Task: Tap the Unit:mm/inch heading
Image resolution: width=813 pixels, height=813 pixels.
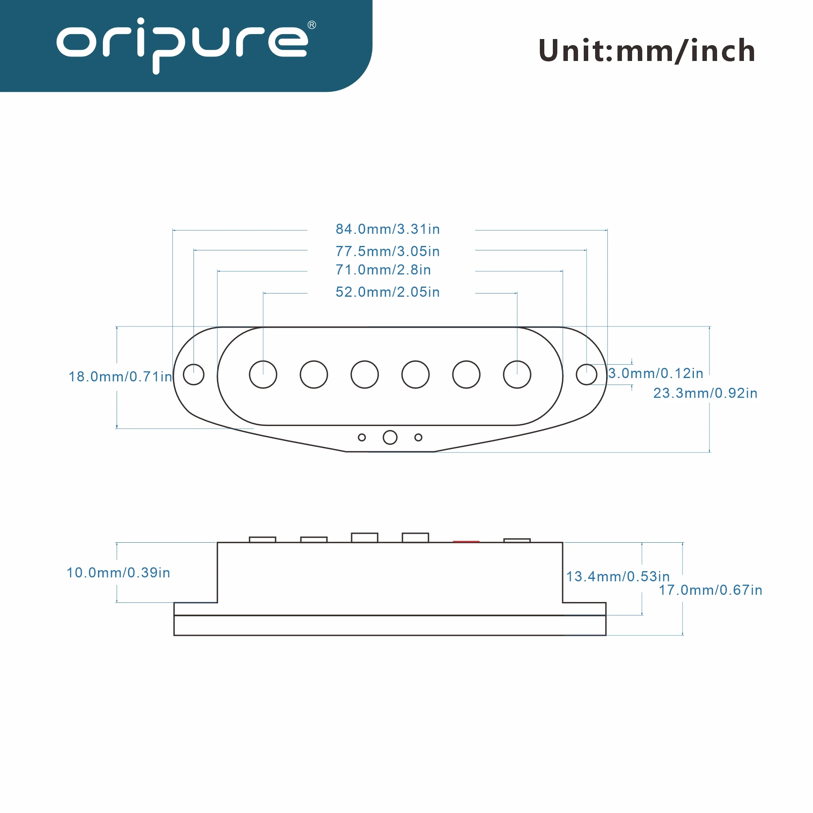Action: point(647,51)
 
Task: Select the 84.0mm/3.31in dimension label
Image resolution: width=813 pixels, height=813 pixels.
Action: point(387,229)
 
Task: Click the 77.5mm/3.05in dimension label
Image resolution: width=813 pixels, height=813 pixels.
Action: point(387,252)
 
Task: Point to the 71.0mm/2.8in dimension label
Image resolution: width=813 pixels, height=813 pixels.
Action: point(383,270)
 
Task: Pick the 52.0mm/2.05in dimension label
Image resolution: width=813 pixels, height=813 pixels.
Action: point(387,292)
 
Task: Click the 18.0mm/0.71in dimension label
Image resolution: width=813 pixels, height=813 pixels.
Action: point(120,377)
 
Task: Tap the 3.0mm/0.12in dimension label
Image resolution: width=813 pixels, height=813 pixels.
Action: point(656,373)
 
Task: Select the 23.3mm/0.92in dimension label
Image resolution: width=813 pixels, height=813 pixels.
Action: point(705,393)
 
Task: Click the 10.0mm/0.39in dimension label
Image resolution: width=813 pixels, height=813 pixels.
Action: point(118,573)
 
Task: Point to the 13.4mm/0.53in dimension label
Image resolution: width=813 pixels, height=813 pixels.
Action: point(617,576)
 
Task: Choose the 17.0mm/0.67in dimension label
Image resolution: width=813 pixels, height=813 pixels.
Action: point(710,590)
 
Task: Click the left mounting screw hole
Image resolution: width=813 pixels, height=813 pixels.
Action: point(193,374)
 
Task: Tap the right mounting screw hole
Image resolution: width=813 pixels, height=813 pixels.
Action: point(586,374)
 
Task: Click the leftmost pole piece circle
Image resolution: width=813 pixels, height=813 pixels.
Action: point(263,374)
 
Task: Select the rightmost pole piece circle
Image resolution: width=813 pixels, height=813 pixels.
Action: point(517,374)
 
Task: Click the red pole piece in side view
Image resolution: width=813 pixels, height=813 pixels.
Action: point(466,541)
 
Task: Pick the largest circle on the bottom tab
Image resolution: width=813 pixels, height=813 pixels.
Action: point(390,438)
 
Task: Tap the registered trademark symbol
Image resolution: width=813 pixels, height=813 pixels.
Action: point(312,25)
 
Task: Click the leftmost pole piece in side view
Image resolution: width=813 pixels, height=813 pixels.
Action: point(262,539)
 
